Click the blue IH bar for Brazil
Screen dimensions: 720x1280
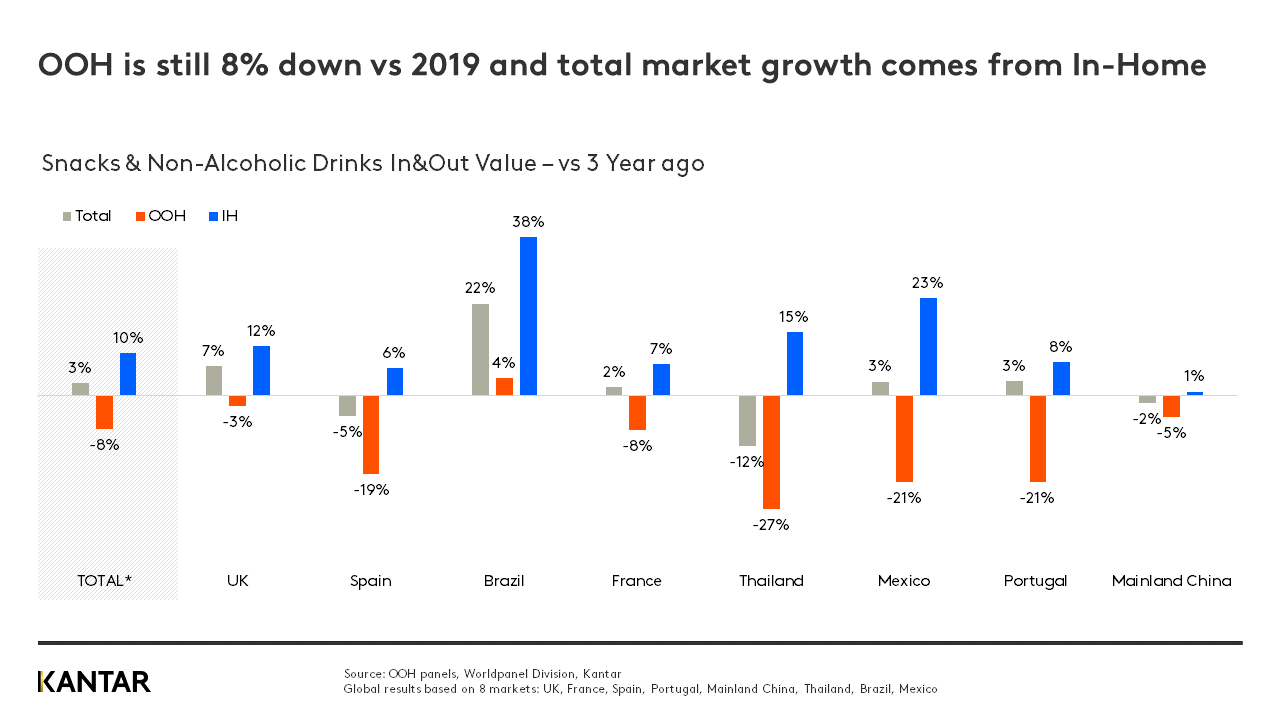pos(528,316)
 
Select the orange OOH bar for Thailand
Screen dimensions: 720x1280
pos(771,452)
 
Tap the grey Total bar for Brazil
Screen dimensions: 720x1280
pos(480,349)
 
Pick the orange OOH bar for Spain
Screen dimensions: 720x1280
pos(371,434)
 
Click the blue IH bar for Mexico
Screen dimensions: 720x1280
pos(928,346)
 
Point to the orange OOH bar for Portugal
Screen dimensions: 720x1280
pos(1037,438)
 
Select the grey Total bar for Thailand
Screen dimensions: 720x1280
pos(747,420)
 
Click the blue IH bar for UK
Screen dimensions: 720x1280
pos(261,370)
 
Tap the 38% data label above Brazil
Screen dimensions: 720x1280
pos(528,222)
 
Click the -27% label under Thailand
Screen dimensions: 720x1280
pos(771,524)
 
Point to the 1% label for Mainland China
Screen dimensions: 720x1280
pos(1194,376)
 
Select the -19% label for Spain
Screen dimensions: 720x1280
pos(371,490)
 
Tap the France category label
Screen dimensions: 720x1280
pos(636,581)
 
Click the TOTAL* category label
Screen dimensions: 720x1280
pos(104,581)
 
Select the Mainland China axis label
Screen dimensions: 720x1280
pos(1171,581)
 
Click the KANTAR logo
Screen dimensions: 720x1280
pos(94,682)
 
